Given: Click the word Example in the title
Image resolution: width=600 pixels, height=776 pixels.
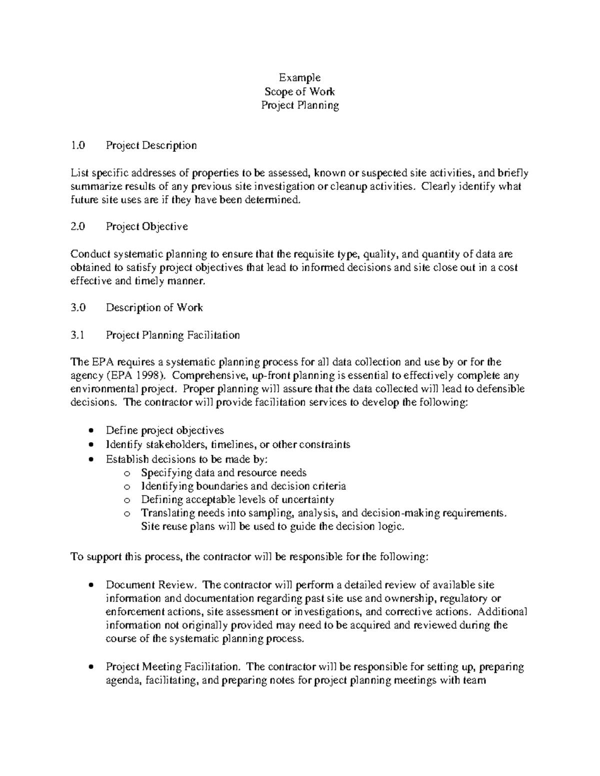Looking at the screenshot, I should point(299,77).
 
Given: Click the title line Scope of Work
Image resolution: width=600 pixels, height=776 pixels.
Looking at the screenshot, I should point(299,91).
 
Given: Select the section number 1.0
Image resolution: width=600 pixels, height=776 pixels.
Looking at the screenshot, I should point(78,145).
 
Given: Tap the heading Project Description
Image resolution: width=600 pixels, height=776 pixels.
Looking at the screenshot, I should point(151,145).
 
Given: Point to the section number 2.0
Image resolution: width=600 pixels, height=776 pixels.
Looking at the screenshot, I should point(78,226).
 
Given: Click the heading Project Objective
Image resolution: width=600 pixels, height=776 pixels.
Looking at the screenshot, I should point(147,226).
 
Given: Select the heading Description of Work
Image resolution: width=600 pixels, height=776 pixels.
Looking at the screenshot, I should point(154,308).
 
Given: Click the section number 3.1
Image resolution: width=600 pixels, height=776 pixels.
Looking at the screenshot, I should point(77,335).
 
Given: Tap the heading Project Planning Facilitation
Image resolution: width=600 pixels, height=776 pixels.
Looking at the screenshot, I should point(172,335).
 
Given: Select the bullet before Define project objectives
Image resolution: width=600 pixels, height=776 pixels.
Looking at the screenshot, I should point(90,431).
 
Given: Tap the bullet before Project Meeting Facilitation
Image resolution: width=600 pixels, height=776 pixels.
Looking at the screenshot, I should point(90,667).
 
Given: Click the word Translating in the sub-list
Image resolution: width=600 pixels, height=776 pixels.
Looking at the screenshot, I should point(166,513).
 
